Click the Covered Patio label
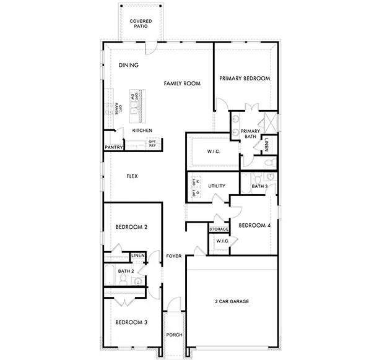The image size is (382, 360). pyautogui.click(x=141, y=24)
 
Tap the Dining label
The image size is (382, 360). pyautogui.click(x=128, y=65)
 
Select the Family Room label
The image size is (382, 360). pyautogui.click(x=182, y=83)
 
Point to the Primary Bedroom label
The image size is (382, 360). pyautogui.click(x=245, y=79)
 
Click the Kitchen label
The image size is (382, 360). pyautogui.click(x=142, y=131)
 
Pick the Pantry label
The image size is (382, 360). pyautogui.click(x=113, y=148)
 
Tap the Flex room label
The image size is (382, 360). pyautogui.click(x=132, y=176)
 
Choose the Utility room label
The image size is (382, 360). pyautogui.click(x=216, y=186)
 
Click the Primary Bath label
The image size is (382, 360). pyautogui.click(x=250, y=134)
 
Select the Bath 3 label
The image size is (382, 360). pyautogui.click(x=259, y=186)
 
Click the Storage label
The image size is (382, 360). pyautogui.click(x=219, y=229)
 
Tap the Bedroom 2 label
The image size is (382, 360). pyautogui.click(x=131, y=227)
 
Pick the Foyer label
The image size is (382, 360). pyautogui.click(x=174, y=255)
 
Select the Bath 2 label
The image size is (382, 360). pyautogui.click(x=126, y=271)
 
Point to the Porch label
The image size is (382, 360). pyautogui.click(x=174, y=335)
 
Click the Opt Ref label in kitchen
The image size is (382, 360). pyautogui.click(x=152, y=144)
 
